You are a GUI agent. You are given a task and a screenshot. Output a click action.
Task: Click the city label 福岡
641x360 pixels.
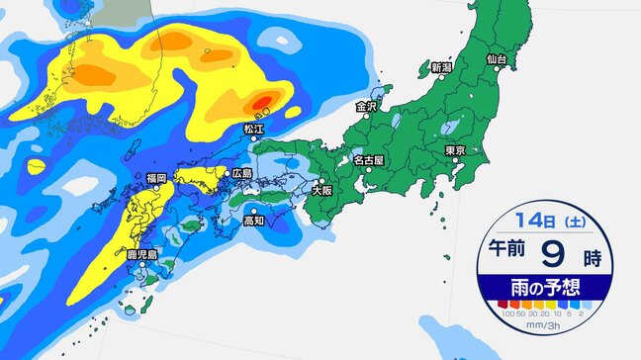(156, 178)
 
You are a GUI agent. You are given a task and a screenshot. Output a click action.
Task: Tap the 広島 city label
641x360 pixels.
(243, 173)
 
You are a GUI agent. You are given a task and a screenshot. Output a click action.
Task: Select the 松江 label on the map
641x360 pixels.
(254, 129)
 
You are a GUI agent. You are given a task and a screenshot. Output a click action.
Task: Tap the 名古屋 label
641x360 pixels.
(369, 158)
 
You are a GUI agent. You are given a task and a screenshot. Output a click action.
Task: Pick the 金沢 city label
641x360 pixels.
(367, 105)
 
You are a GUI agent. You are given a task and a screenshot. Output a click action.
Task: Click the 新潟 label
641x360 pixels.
(442, 68)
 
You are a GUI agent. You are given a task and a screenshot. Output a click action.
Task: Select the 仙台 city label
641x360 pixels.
(498, 60)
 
